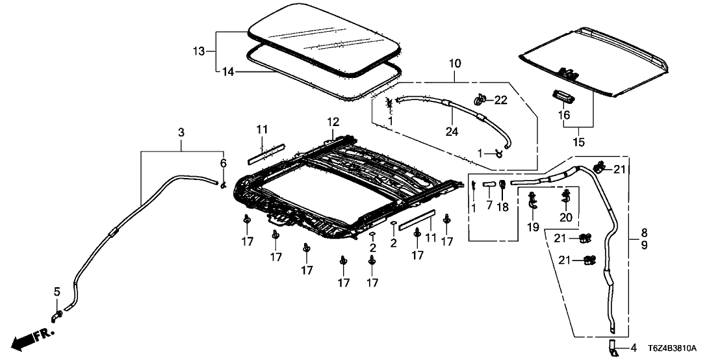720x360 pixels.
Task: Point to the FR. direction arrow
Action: coord(32,337)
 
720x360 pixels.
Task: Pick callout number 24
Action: coord(452,132)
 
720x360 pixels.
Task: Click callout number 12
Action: coord(333,122)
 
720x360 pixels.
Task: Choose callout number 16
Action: coord(564,114)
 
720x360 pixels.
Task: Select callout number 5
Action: coord(55,291)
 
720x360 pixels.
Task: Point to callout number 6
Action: coord(224,164)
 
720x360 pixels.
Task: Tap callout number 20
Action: coord(565,218)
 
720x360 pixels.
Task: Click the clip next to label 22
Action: coord(482,99)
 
